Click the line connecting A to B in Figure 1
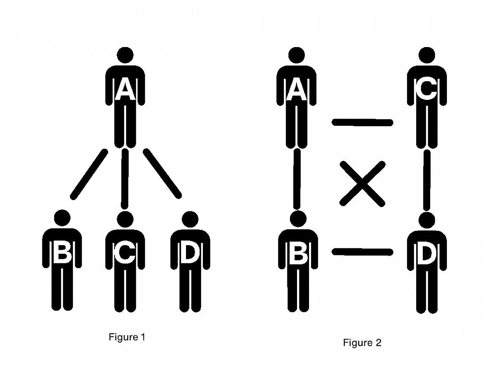(89, 174)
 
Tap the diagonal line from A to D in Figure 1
(162, 173)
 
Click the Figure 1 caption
(127, 337)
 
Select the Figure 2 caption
(362, 343)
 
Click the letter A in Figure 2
(297, 90)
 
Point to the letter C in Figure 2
(426, 90)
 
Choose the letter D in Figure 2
(427, 253)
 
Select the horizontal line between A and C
(362, 123)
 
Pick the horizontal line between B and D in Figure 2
(362, 252)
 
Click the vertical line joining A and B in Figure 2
(297, 179)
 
